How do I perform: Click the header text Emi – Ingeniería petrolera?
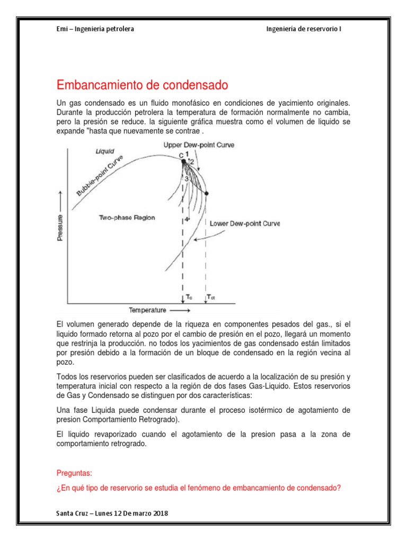pos(95,29)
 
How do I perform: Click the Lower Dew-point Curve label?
pos(244,223)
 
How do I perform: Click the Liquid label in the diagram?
pos(104,151)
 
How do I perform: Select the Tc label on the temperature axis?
pos(189,298)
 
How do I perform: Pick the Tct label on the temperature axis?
pos(211,298)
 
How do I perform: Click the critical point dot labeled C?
pos(183,161)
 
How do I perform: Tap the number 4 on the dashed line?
pos(186,219)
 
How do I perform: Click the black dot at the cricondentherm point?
pos(206,194)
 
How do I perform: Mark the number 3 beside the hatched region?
pos(187,179)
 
